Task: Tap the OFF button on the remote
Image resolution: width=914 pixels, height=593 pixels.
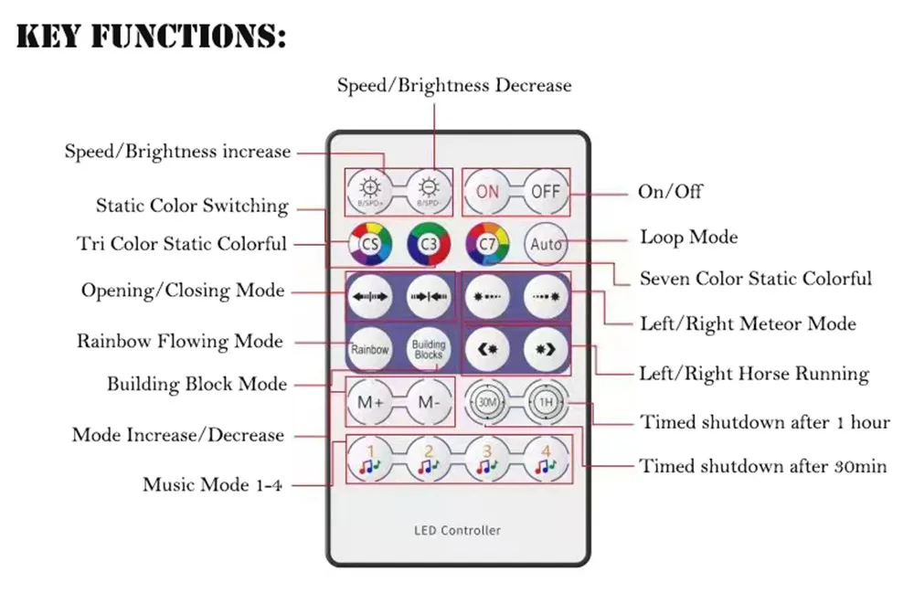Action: pyautogui.click(x=546, y=192)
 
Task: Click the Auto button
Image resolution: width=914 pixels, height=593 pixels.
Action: pyautogui.click(x=546, y=244)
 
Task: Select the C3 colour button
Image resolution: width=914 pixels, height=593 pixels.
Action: pyautogui.click(x=429, y=244)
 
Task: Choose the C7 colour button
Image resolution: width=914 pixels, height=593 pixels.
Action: pyautogui.click(x=487, y=244)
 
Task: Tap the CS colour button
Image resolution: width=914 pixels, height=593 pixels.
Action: pyautogui.click(x=370, y=244)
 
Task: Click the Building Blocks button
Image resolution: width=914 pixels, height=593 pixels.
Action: pyautogui.click(x=429, y=349)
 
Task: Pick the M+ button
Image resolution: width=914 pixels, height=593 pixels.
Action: pyautogui.click(x=370, y=401)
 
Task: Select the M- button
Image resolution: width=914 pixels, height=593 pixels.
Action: pyautogui.click(x=429, y=401)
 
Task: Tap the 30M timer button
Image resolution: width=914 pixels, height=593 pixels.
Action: pyautogui.click(x=487, y=401)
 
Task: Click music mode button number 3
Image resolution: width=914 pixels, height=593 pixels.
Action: pyautogui.click(x=487, y=460)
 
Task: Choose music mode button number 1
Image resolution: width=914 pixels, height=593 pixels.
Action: pyautogui.click(x=370, y=460)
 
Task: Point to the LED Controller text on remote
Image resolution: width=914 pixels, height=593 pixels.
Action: pyautogui.click(x=458, y=530)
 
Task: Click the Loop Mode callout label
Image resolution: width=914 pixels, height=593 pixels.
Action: pyautogui.click(x=688, y=238)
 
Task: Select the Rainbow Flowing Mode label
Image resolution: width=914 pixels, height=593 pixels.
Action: pyautogui.click(x=180, y=342)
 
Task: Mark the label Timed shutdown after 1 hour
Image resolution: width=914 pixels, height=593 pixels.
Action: pyautogui.click(x=765, y=422)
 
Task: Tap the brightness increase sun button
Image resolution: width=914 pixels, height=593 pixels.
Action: pyautogui.click(x=370, y=190)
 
